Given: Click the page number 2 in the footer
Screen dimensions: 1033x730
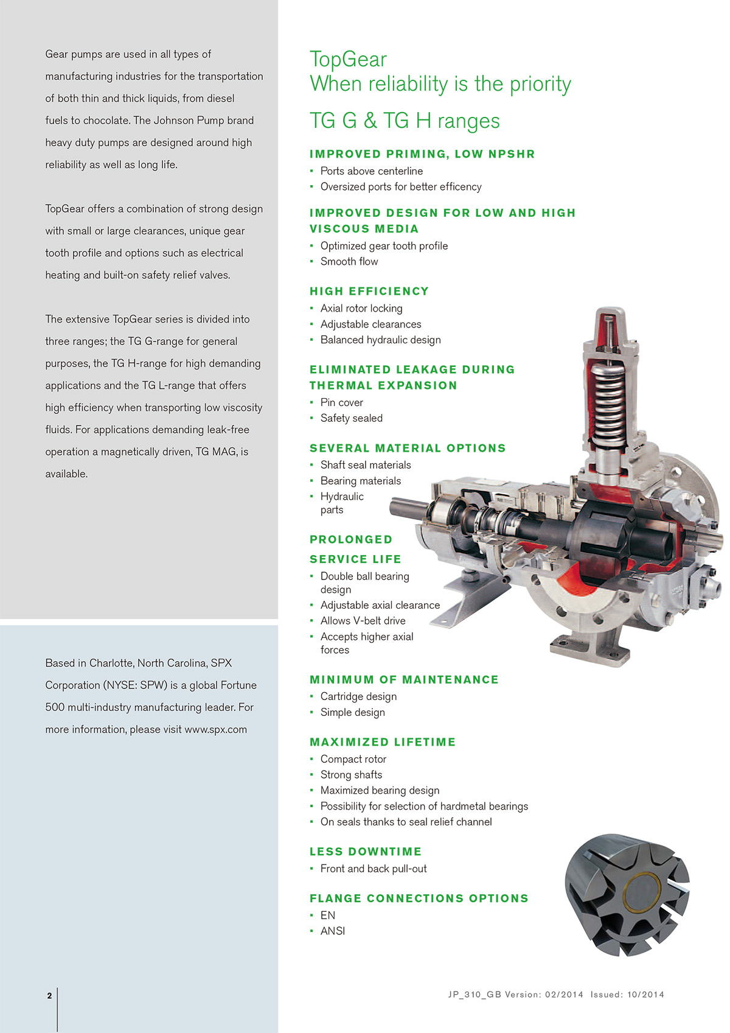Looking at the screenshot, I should coord(49,996).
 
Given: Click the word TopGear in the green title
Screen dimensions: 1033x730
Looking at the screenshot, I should coord(348,60).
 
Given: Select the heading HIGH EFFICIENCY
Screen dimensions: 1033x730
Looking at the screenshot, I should coord(369,292).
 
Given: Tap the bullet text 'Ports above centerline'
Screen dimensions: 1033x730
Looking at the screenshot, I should coord(371,171).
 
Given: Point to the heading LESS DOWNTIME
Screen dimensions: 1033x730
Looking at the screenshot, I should coord(365,852).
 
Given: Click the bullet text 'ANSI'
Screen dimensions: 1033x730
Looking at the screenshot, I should coord(332,931).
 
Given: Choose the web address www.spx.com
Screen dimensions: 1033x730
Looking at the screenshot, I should coord(215,729).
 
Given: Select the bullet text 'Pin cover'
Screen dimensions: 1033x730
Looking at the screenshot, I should coord(341,402).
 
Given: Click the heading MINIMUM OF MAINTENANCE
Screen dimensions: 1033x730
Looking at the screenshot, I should coord(404,679).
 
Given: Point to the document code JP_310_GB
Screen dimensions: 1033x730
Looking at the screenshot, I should coord(474,995).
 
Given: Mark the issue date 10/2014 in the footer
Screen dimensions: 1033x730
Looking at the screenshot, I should coord(645,995).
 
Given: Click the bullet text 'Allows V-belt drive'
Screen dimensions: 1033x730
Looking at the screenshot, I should coord(363,621).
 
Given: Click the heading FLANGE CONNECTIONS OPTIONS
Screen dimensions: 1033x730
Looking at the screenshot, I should coord(419,898).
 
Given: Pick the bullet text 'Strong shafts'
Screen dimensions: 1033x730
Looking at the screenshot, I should coord(351,775).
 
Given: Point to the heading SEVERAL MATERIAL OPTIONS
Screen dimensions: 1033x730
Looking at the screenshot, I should coord(408,448).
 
